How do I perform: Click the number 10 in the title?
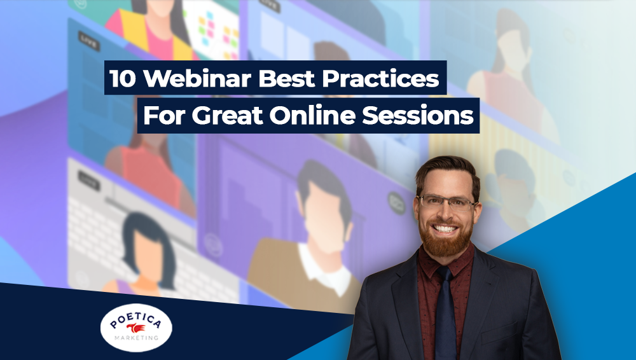(x=123, y=78)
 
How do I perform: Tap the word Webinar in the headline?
(x=198, y=78)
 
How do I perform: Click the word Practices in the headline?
(x=380, y=78)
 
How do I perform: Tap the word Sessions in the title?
(x=418, y=116)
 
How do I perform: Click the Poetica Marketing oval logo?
(x=136, y=328)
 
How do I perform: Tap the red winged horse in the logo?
(x=136, y=328)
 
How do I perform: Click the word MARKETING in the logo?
(x=136, y=338)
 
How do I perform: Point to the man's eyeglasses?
(x=447, y=202)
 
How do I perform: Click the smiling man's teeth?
(x=445, y=229)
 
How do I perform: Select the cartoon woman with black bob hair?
(x=147, y=252)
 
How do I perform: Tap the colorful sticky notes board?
(x=216, y=33)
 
